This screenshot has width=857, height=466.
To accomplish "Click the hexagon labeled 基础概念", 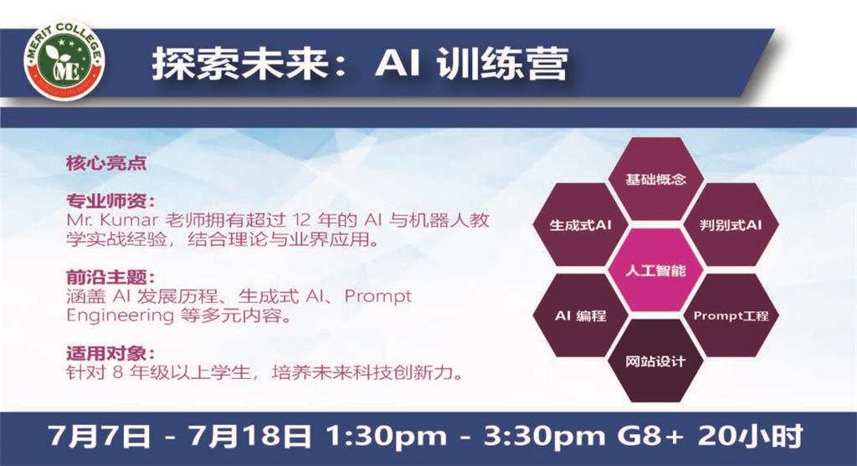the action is click(655, 180).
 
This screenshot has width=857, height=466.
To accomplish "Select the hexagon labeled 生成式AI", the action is click(580, 225).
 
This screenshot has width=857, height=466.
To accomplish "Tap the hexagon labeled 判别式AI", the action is click(731, 225).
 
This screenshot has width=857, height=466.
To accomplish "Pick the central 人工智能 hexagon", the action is click(655, 270).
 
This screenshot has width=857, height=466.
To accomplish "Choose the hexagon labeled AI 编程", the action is click(580, 315).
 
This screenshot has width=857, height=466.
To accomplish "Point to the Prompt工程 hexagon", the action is click(731, 315).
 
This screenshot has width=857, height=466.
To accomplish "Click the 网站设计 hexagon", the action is click(655, 361).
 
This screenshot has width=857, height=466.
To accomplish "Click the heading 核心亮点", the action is click(106, 163).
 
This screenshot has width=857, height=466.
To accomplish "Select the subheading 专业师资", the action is click(106, 201).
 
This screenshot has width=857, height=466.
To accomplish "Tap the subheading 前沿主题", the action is click(106, 277).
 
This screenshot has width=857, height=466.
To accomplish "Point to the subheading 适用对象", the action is click(106, 353).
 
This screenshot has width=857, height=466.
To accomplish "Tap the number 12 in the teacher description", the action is click(304, 221).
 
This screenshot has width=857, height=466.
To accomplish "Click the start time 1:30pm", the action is click(387, 436).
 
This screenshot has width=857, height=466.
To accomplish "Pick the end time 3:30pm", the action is click(545, 436).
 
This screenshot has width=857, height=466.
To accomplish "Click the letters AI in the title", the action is click(398, 64).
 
